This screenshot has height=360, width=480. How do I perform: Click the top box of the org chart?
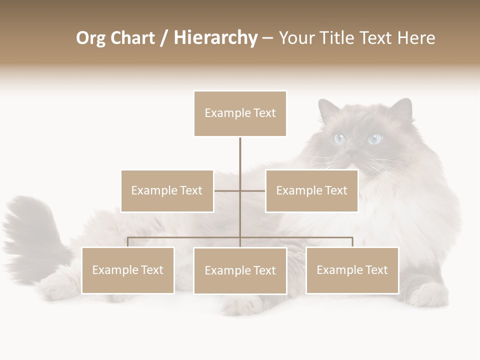coord(240,113)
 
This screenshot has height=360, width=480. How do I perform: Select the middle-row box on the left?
coord(167,191)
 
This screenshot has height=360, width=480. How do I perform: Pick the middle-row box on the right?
coord(311,191)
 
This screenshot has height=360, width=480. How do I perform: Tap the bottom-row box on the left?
coord(128,270)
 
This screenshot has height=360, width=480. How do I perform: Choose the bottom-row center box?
coord(240,271)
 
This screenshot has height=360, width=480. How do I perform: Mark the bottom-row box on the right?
coord(352,270)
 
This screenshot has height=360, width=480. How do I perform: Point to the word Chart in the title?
coord(131,38)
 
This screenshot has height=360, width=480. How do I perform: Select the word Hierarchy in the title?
coord(215,38)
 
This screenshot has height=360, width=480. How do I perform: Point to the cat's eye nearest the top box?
coord(339,138)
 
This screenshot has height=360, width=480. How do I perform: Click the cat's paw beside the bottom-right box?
coord(425,295)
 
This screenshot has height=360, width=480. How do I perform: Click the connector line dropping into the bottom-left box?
coord(128,242)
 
